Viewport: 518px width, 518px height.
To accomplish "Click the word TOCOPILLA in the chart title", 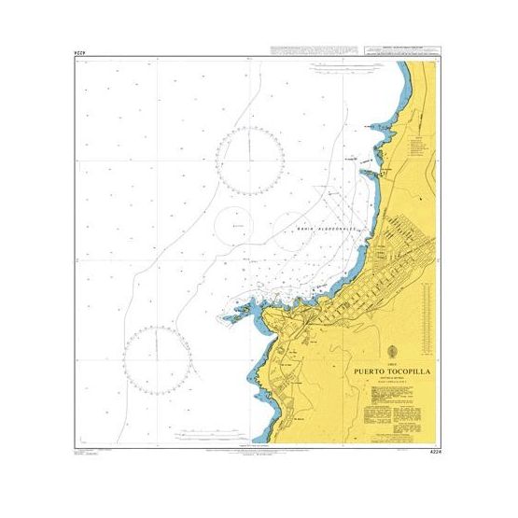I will click(402, 368).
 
